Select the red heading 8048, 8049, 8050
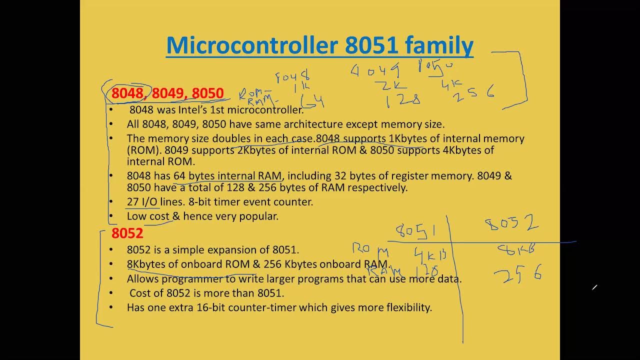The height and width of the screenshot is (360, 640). (x=167, y=93)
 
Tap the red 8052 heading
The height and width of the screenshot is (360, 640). (x=127, y=233)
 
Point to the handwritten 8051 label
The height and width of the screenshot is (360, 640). (x=415, y=231)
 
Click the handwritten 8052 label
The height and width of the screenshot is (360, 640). (x=511, y=223)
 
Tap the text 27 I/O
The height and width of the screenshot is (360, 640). (x=142, y=202)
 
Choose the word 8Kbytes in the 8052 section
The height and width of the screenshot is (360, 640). (x=146, y=264)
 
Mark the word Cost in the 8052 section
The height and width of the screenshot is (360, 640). (x=141, y=293)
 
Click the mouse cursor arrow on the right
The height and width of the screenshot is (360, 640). (x=594, y=287)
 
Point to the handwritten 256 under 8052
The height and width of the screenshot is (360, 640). (x=517, y=274)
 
